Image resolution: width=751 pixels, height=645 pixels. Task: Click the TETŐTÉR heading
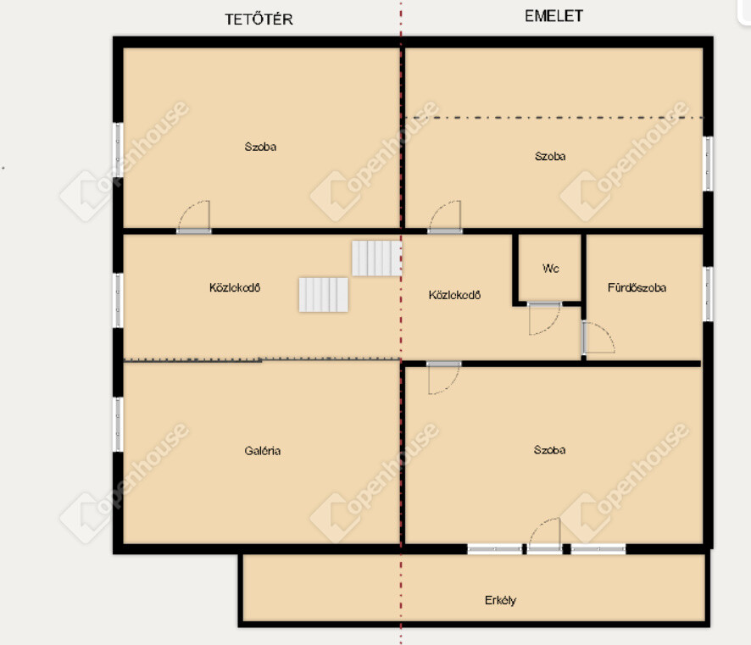[x=259, y=19]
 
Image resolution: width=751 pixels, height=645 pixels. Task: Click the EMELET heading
[x=554, y=16]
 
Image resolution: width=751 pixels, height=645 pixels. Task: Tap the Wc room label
[x=550, y=268]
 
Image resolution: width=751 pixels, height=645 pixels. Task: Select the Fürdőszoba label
[x=637, y=287]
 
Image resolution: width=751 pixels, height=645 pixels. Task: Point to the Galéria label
[x=263, y=451]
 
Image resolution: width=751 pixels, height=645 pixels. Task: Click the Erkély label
[x=500, y=600]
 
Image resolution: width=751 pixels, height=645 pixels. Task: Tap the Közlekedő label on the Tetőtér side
[x=235, y=287]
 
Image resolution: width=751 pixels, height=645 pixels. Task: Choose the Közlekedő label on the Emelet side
[x=454, y=295]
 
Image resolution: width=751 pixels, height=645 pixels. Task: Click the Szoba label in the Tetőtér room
[x=260, y=147]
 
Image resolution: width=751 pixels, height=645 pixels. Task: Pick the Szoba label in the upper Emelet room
[x=550, y=156]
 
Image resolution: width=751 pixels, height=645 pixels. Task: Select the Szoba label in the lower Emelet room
[x=549, y=449]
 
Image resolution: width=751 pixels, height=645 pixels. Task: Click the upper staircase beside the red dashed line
[x=376, y=259]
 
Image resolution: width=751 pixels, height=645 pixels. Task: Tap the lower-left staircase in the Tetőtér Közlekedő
[x=324, y=295]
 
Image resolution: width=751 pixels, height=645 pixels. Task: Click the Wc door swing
[x=544, y=319]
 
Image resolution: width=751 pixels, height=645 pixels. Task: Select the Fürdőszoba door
[x=598, y=337]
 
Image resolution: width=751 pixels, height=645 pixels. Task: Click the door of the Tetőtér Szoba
[x=194, y=217]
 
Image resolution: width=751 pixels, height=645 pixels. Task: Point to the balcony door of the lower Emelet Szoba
[x=544, y=536]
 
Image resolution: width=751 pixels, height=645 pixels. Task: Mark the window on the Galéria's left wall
[x=118, y=425]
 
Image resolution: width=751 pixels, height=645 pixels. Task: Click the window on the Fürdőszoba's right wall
[x=708, y=294]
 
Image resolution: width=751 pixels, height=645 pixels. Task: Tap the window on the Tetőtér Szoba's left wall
[x=118, y=150]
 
